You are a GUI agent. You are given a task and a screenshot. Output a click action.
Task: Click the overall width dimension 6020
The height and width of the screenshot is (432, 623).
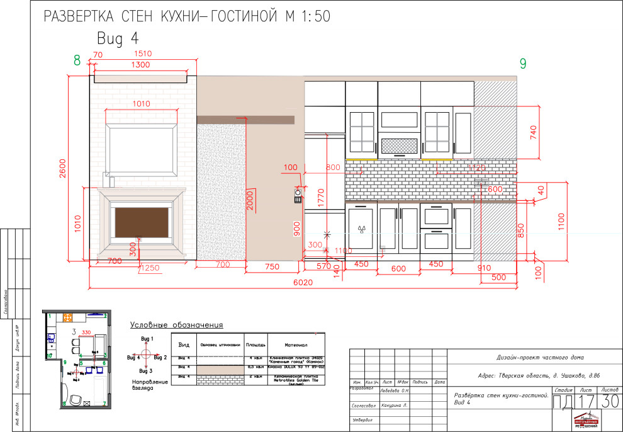[x=302, y=283]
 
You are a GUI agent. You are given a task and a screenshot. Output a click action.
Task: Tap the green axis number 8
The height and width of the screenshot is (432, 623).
[x=77, y=61]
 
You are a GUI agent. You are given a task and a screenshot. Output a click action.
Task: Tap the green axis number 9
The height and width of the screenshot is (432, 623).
[x=522, y=63]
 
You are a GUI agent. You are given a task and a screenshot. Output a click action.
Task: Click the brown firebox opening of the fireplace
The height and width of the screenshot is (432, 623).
[x=142, y=221]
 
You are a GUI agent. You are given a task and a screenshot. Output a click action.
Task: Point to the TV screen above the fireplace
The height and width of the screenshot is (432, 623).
[x=141, y=147]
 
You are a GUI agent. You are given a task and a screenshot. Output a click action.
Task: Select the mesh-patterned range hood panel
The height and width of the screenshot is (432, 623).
[x=399, y=146]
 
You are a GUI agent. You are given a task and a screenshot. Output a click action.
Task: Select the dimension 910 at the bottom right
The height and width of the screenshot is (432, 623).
[x=483, y=267]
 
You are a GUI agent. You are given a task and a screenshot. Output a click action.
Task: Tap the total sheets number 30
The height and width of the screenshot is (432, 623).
[x=609, y=401]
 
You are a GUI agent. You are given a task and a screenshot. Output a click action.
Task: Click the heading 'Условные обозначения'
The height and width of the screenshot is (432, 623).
[x=177, y=326]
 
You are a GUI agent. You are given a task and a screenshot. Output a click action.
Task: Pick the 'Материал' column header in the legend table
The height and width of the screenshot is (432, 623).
[x=296, y=345]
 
